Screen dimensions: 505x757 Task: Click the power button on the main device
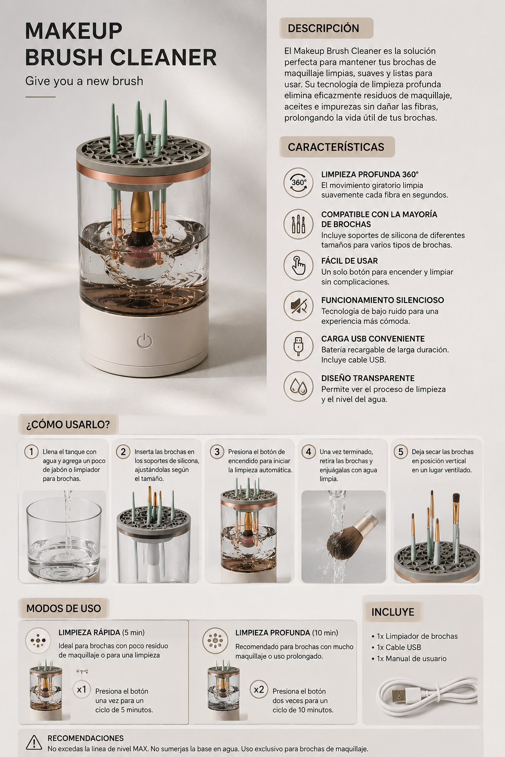coord(144,341)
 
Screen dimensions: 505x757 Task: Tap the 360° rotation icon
coord(298,182)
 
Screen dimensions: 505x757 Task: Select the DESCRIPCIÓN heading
coord(324,28)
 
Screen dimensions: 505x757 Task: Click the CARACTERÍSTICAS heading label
coord(336,147)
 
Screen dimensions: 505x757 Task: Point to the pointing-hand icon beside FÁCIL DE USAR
coord(298,265)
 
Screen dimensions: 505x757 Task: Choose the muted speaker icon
coord(298,306)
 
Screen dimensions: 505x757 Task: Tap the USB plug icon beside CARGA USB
coord(298,346)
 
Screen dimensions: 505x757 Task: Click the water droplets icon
coord(298,386)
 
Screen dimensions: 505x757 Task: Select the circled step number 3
coord(217,452)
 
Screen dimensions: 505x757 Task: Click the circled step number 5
coord(401,452)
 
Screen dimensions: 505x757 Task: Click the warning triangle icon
coord(34,743)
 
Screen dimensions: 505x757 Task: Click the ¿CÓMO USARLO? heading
coord(68,424)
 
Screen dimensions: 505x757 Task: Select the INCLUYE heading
coord(393,612)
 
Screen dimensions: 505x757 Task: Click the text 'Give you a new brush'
coord(84,81)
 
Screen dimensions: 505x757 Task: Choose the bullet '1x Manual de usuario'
coord(409,658)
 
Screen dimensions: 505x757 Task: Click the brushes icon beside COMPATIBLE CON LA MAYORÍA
coord(298,224)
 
